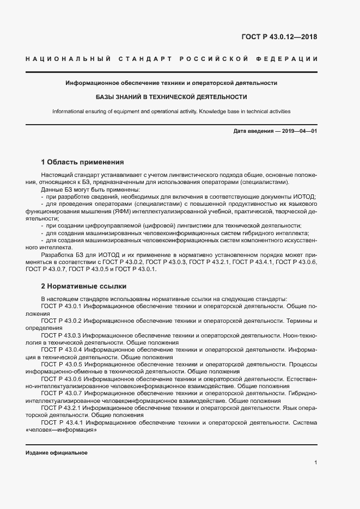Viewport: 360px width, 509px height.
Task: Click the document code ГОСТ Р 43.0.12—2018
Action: tap(279, 37)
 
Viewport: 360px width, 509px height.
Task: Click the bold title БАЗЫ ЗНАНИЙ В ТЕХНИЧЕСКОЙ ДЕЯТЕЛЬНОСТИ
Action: tap(172, 97)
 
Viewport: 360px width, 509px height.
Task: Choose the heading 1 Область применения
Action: tap(83, 162)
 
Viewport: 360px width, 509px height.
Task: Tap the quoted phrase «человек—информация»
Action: tap(61, 429)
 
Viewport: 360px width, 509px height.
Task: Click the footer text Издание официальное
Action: tap(57, 452)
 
